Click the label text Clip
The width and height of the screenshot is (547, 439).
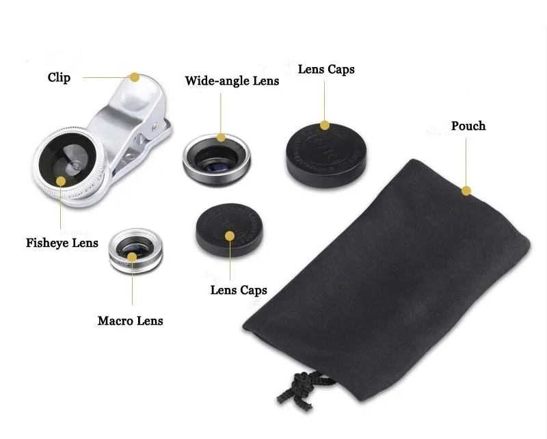(59, 77)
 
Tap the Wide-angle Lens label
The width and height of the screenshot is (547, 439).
(232, 81)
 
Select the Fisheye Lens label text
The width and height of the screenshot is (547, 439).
(62, 243)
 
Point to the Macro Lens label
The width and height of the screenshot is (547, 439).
(131, 320)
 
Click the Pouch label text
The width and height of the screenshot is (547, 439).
(468, 126)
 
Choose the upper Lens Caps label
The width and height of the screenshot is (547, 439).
(326, 70)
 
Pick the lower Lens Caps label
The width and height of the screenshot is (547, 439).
(239, 290)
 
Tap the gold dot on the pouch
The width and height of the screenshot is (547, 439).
(466, 191)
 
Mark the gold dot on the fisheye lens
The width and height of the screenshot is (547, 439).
(61, 181)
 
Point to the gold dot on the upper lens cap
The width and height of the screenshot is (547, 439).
(325, 125)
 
